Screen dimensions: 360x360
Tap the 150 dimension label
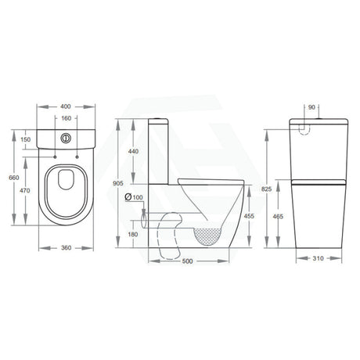pos(26,139)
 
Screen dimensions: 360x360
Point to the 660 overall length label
pos(13,177)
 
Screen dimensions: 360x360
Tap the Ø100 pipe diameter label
pos(133,196)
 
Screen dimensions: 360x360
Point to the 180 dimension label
pos(133,234)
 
